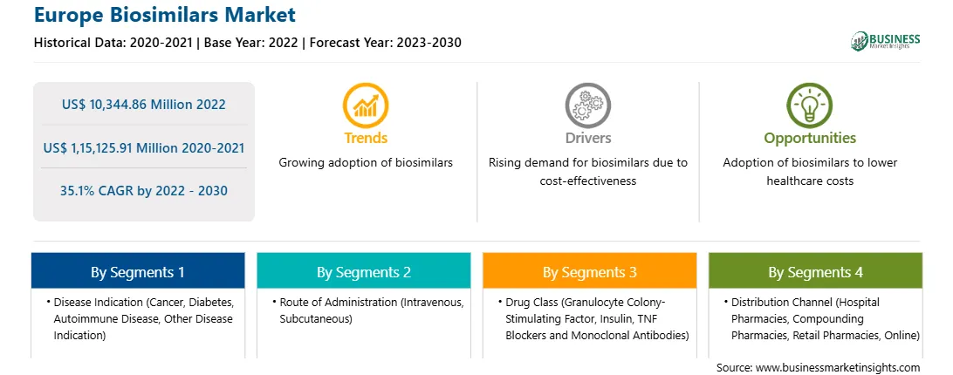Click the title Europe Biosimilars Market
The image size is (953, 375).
(x=165, y=15)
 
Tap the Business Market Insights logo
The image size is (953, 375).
(x=886, y=41)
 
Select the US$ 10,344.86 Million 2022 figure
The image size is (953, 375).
(x=143, y=105)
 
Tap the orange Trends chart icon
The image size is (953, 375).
(x=366, y=106)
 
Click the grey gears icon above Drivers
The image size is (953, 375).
(x=587, y=106)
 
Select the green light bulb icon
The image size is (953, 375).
(x=810, y=106)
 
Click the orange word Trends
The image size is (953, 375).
(x=366, y=138)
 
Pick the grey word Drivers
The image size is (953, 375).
(x=588, y=138)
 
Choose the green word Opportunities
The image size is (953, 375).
(x=810, y=139)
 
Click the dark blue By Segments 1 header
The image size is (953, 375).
(x=138, y=271)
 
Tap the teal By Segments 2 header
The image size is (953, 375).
(x=363, y=271)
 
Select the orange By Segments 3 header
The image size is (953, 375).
(x=590, y=271)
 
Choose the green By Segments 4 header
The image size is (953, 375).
(x=816, y=271)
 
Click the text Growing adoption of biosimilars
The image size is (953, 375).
(x=366, y=163)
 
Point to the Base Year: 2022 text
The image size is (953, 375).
(x=250, y=43)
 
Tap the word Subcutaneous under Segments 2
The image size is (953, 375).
(x=316, y=318)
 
